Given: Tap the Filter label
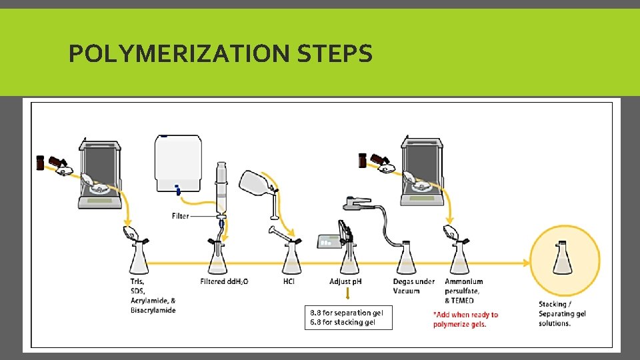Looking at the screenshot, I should click(180, 216).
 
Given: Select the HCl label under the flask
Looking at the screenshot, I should click(289, 281).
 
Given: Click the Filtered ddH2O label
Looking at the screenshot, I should click(224, 281).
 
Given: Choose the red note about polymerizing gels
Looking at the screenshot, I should click(465, 319).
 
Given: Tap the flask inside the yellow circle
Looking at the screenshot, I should click(563, 259).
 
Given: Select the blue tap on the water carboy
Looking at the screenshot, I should click(177, 191).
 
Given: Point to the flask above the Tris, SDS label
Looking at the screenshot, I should click(139, 259).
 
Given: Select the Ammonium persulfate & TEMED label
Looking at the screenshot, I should click(464, 291).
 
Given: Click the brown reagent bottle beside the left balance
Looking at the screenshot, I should click(40, 162).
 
